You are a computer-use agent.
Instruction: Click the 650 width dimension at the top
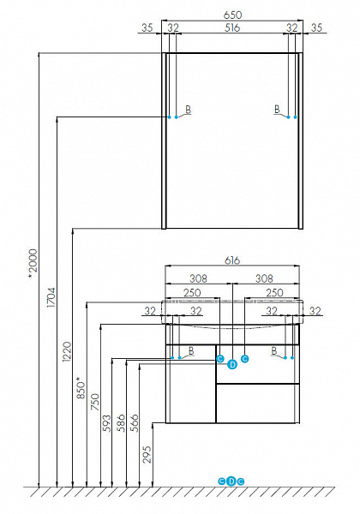[x=232, y=15]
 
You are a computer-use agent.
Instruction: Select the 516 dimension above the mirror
[x=232, y=28]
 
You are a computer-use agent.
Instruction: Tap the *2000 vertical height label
[x=33, y=264]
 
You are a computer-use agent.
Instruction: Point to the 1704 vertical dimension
[x=51, y=297]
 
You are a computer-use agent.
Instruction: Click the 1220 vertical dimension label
[x=67, y=351]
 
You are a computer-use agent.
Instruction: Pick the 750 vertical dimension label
[x=95, y=402]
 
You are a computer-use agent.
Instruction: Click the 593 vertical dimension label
[x=107, y=423]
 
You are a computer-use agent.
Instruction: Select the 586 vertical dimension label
[x=121, y=423]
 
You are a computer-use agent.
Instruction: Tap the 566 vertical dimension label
[x=135, y=423]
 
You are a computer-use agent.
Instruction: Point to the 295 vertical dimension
[x=147, y=454]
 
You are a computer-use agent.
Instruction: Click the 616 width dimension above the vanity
[x=232, y=260]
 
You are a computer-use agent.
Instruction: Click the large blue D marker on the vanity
[x=232, y=364]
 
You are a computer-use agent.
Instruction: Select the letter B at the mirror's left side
[x=189, y=109]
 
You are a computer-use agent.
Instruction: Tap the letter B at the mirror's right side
[x=277, y=109]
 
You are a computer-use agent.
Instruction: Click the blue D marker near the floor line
[x=231, y=481]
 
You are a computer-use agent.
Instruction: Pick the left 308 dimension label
[x=198, y=278]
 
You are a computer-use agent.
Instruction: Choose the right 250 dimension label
[x=275, y=292]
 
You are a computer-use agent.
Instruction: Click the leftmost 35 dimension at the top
[x=147, y=28]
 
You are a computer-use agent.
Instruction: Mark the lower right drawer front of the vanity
[x=258, y=403]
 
